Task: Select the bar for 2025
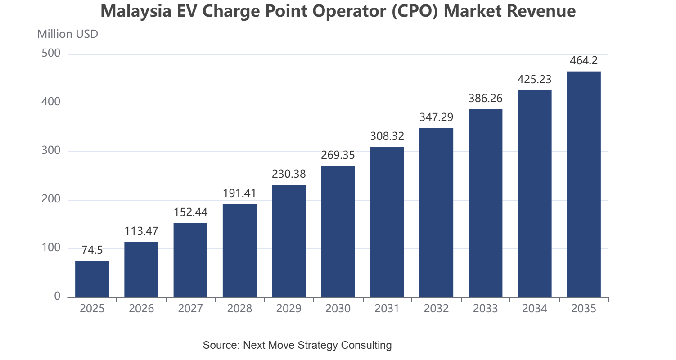tap(92, 279)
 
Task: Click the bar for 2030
tap(338, 231)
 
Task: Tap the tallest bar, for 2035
tap(584, 184)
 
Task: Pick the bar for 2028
tap(239, 251)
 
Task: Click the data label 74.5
tap(92, 250)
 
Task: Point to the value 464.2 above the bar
tap(584, 61)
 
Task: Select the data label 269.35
tap(338, 155)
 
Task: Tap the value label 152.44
tap(190, 212)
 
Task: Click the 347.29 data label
tap(437, 117)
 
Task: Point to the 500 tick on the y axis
tap(51, 53)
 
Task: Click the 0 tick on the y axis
tap(57, 296)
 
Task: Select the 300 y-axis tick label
tap(51, 150)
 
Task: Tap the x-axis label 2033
tap(485, 308)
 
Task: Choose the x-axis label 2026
tap(141, 308)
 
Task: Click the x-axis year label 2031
tap(387, 308)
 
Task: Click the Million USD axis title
tap(68, 34)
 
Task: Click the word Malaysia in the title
tap(136, 11)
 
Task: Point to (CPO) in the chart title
tap(415, 11)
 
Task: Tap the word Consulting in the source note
tap(366, 345)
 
